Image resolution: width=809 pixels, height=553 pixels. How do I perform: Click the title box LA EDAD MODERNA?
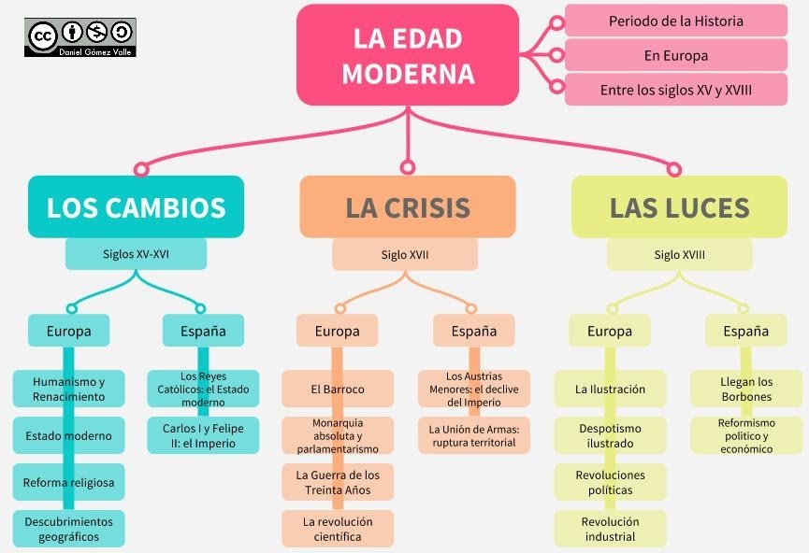[407, 55]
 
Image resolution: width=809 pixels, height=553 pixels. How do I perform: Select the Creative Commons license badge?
[80, 36]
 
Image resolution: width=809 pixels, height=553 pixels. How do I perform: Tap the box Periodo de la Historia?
[675, 21]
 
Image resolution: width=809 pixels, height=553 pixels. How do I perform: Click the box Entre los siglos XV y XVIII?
[675, 91]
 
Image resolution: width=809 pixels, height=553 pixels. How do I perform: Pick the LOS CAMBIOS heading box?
[136, 206]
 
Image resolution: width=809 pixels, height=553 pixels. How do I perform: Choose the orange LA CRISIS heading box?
[407, 206]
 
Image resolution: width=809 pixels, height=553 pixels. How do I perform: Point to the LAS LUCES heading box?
[679, 206]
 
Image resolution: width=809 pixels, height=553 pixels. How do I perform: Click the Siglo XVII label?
[405, 254]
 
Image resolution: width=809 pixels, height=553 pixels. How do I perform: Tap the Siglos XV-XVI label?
[136, 253]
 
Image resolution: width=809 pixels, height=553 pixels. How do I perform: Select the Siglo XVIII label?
[679, 254]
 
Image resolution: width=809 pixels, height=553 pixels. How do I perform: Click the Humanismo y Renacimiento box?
[68, 389]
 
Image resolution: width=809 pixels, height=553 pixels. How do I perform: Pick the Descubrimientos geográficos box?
[68, 529]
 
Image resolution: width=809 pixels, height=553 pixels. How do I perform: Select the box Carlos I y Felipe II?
[203, 435]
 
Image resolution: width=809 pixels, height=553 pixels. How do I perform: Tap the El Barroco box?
[338, 389]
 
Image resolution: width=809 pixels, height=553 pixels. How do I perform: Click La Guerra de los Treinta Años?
[338, 482]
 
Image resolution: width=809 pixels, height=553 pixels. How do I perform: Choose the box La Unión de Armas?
[473, 435]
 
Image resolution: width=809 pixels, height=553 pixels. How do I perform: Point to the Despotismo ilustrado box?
[610, 435]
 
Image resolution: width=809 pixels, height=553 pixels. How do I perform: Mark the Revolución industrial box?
[610, 529]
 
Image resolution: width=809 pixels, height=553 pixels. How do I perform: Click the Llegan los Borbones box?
[745, 389]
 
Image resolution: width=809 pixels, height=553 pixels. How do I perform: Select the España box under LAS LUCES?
[745, 331]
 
